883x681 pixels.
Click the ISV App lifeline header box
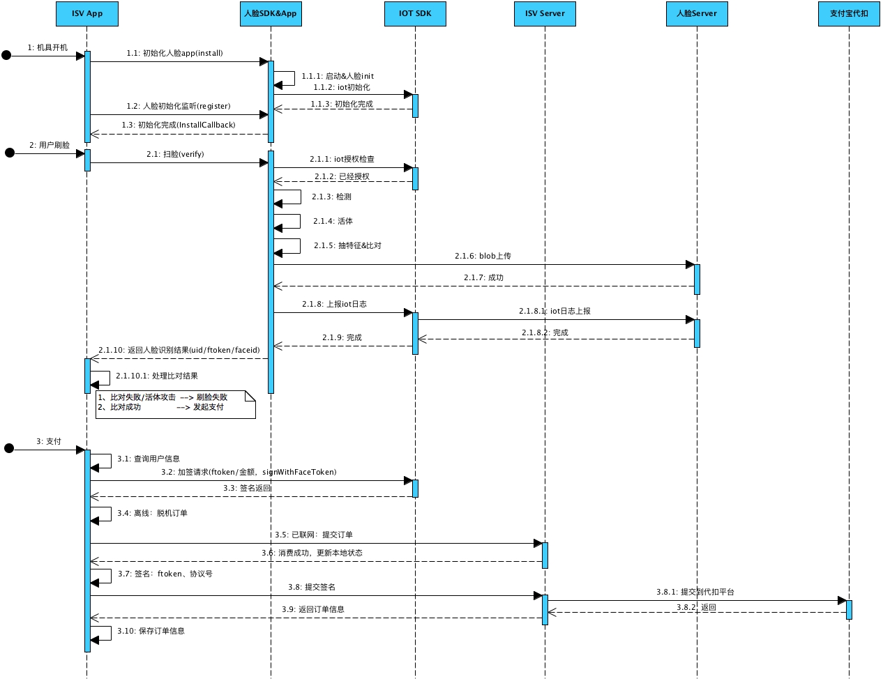[87, 14]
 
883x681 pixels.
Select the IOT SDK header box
[415, 14]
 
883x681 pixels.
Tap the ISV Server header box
[545, 14]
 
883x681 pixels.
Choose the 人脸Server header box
[697, 14]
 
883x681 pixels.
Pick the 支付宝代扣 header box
[849, 14]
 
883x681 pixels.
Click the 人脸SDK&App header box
[271, 14]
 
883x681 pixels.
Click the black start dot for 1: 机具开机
[6, 55]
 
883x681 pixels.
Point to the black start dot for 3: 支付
[9, 448]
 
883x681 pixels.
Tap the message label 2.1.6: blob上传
[483, 256]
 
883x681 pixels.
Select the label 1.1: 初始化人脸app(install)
[174, 53]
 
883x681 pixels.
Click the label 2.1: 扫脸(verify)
[175, 154]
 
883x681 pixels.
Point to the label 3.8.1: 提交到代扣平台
[695, 592]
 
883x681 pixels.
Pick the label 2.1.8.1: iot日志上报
[554, 311]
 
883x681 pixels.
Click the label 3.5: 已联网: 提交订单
[313, 535]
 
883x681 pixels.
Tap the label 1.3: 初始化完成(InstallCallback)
[179, 125]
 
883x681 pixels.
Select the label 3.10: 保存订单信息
[151, 631]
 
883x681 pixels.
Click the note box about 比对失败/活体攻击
[175, 404]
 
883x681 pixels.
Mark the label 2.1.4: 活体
[333, 221]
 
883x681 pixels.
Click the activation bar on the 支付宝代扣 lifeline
[849, 609]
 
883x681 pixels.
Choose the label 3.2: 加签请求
[248, 472]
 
